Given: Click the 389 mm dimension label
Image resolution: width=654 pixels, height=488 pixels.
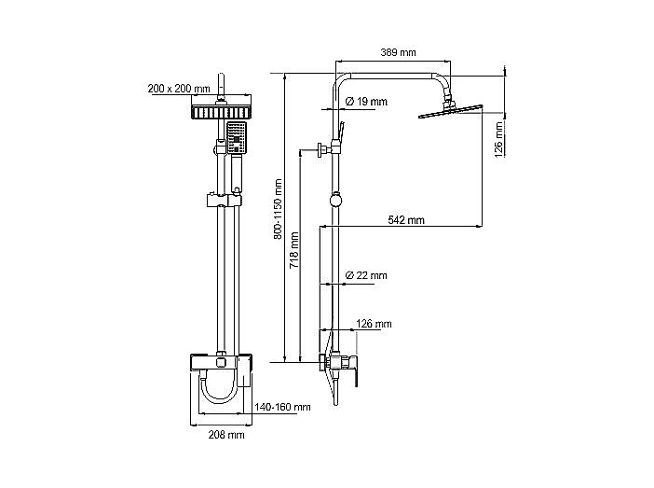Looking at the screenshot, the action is coord(398,52).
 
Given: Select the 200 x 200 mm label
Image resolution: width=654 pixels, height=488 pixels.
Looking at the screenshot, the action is coord(179,89).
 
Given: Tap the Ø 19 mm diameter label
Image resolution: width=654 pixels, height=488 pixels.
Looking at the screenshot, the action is coord(366,101).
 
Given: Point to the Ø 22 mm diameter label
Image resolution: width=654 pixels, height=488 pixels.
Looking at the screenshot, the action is coord(366,275).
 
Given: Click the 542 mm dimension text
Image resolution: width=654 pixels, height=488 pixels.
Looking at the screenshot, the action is coord(406,220).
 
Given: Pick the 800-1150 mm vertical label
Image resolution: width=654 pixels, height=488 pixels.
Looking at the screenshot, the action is coord(279,209).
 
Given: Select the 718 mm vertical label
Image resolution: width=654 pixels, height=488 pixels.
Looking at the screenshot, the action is coord(294,250).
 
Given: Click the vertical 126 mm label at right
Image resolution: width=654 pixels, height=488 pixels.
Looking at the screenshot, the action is coord(498,140).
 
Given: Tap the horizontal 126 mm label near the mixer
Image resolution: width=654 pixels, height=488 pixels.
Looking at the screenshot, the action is coord(374,324).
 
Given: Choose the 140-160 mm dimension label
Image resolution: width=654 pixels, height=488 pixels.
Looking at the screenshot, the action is coord(282,407).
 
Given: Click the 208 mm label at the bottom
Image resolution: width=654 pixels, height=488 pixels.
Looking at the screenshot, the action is coord(226,435).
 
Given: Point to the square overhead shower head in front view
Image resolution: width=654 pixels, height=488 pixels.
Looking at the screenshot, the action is coord(222,112).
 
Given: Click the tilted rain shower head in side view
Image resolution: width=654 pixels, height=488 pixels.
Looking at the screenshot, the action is coord(451,111).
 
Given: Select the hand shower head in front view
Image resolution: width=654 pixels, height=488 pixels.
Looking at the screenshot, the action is coord(237,138).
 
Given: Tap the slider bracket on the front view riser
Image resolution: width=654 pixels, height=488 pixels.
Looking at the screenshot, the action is coord(224,200).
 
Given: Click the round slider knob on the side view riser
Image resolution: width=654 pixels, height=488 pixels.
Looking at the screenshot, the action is coord(335,200).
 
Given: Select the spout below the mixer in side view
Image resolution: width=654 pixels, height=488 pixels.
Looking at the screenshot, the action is coord(335,391).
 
